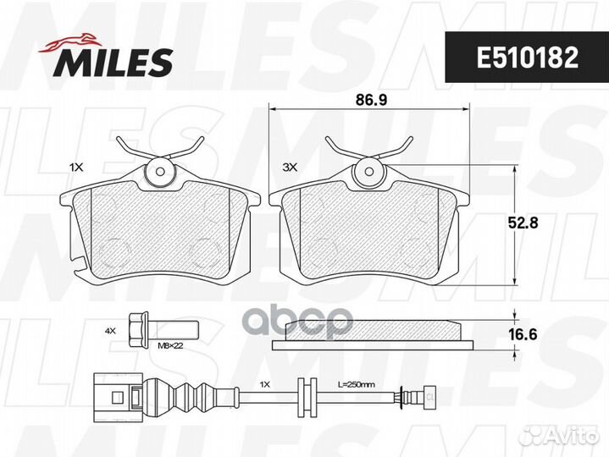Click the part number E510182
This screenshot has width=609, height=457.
(x=528, y=58)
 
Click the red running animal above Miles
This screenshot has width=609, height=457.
(x=70, y=42)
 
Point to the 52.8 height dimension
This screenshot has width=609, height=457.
(x=523, y=223)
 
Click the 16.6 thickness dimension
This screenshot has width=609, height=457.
(x=523, y=334)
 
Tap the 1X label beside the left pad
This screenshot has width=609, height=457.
(x=76, y=168)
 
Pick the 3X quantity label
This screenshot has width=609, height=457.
(x=290, y=168)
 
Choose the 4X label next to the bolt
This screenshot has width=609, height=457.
(x=110, y=331)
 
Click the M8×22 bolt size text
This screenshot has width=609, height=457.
(x=170, y=345)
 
